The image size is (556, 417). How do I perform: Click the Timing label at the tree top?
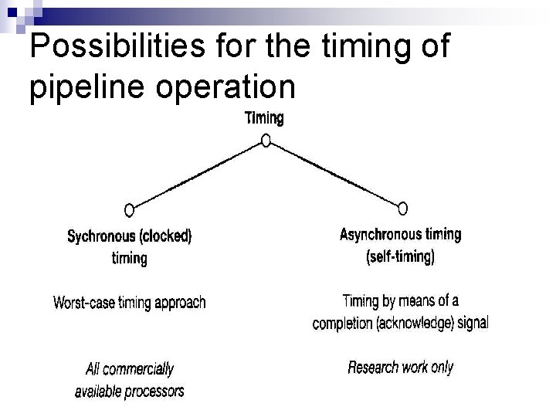264,118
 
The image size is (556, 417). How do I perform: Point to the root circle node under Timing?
265,141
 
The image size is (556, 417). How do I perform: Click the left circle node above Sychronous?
129,209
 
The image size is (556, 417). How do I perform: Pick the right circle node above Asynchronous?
402,208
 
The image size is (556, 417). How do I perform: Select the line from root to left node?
197,175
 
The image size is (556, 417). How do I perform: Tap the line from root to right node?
334,175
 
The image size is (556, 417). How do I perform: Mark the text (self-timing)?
400,256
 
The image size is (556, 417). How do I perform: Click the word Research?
374,368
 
